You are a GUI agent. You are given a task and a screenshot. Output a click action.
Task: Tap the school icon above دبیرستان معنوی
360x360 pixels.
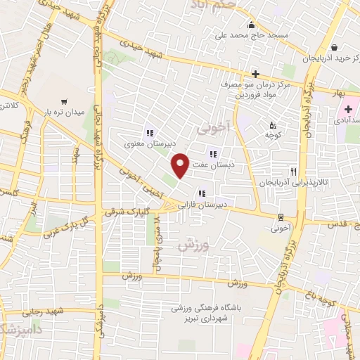(148, 132)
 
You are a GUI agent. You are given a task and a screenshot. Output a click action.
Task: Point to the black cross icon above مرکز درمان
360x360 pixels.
(255, 73)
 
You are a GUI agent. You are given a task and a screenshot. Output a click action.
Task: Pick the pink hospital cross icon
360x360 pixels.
(347, 110)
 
